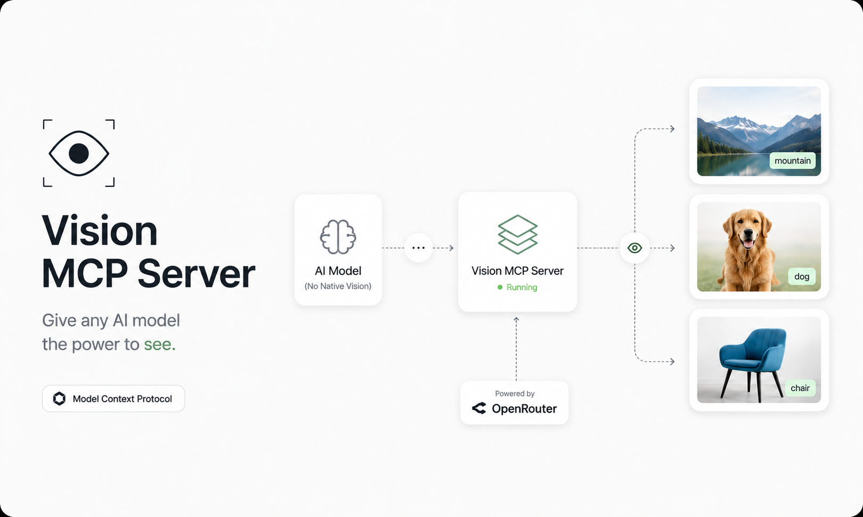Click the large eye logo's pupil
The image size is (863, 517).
(79, 153)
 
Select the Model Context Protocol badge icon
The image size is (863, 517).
(59, 398)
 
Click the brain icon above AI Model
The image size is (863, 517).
(338, 237)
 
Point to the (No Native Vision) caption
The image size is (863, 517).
(338, 286)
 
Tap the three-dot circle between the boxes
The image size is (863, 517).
(418, 248)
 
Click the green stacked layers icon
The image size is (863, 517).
(517, 234)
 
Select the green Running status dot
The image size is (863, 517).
(500, 287)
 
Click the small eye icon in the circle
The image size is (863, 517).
(634, 248)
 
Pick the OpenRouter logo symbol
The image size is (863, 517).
(479, 408)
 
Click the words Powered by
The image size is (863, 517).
(515, 393)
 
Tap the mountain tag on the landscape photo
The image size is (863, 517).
(793, 160)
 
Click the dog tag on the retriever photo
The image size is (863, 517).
(802, 276)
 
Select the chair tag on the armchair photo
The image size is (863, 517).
(800, 388)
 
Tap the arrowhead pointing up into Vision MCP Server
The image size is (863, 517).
(516, 319)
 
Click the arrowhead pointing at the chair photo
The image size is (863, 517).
(672, 362)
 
